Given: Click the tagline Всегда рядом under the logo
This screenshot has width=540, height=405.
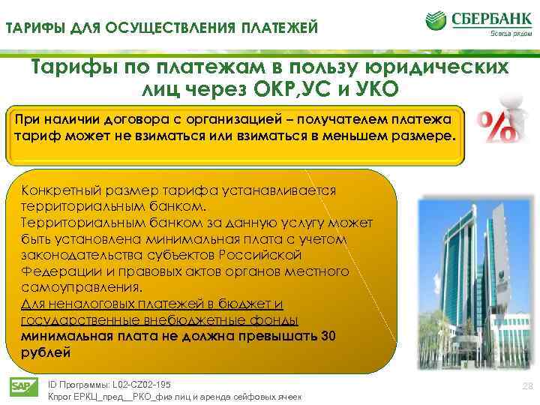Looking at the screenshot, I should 509,32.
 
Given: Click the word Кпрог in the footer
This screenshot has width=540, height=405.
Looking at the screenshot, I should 61,397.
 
